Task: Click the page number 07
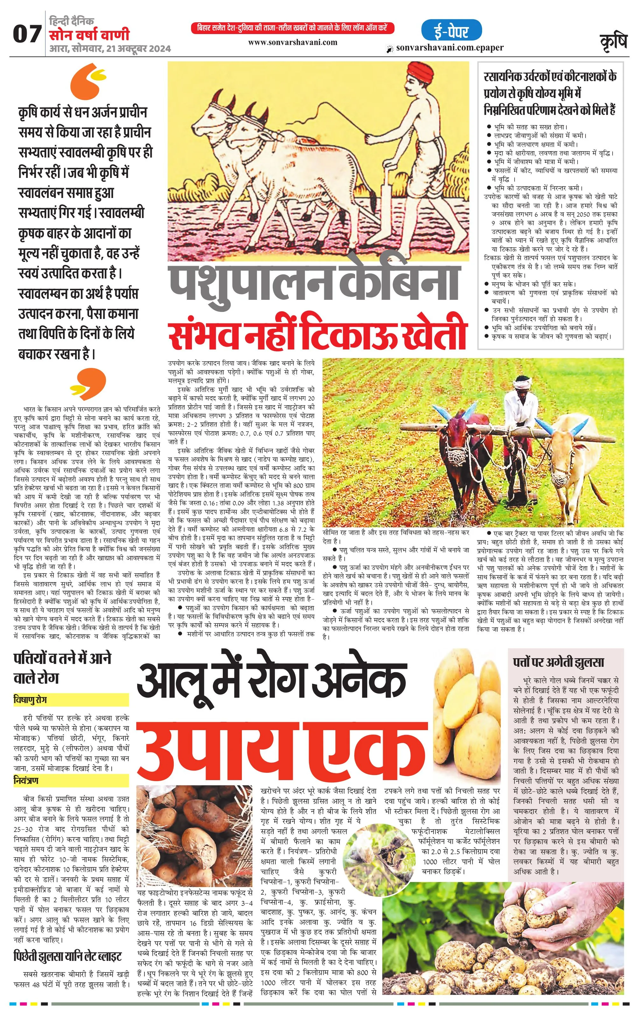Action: pos(27,34)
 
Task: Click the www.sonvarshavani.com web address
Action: pos(292,42)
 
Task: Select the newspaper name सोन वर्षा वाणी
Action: pos(89,35)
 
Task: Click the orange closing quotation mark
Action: pos(88,383)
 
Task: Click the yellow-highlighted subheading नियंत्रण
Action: pos(26,781)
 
